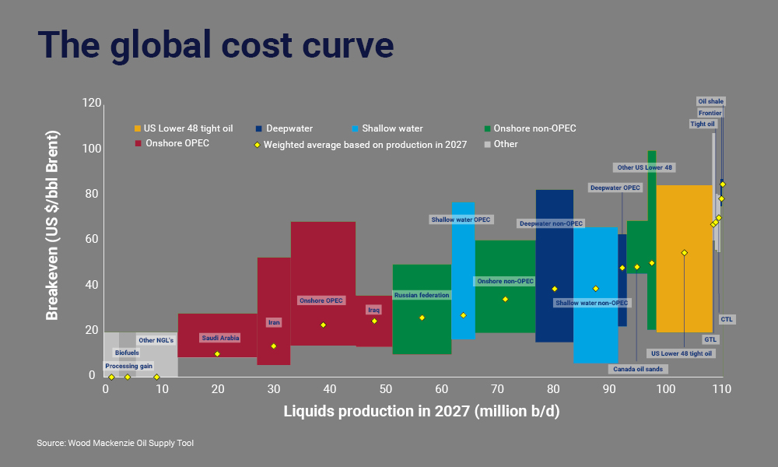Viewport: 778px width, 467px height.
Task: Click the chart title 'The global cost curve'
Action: tap(216, 45)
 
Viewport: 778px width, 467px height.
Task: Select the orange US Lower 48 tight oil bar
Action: tap(684, 233)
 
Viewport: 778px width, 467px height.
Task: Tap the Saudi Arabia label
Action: tap(220, 338)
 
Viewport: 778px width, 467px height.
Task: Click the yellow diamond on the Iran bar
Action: tap(273, 346)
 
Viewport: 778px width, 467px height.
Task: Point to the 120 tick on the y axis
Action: tap(92, 104)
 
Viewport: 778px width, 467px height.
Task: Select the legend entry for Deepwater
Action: tap(286, 128)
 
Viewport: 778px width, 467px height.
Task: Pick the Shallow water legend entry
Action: tap(387, 128)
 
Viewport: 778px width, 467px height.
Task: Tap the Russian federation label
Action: tap(421, 295)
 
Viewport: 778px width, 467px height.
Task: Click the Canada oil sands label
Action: tap(637, 368)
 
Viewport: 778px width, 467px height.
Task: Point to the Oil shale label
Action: tap(710, 101)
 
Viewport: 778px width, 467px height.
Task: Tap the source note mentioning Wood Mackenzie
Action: tap(115, 443)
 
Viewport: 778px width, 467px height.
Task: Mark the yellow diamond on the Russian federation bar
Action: tap(422, 318)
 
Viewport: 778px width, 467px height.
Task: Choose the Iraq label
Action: tap(374, 310)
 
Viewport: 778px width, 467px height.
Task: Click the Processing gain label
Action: tap(129, 366)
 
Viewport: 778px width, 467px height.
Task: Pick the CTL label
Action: tap(727, 319)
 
